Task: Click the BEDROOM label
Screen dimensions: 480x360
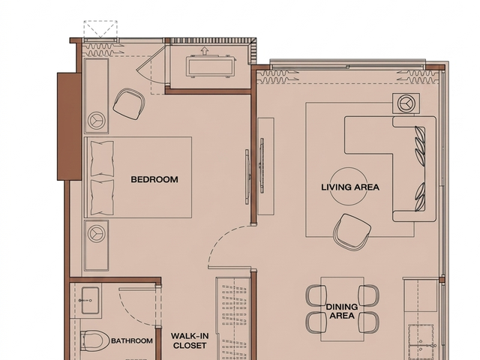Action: point(154,179)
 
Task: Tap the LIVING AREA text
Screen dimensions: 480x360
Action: point(350,187)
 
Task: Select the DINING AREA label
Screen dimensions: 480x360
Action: point(342,311)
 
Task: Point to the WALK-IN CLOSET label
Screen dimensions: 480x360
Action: point(190,340)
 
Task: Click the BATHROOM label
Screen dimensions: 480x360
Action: point(132,340)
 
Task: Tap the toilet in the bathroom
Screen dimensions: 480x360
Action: point(94,341)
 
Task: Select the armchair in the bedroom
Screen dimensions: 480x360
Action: point(129,104)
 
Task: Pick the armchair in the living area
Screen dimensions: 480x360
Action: point(352,232)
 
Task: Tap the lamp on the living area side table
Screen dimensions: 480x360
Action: point(406,103)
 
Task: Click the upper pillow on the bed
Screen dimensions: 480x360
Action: point(102,158)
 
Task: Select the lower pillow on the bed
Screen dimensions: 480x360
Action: point(102,197)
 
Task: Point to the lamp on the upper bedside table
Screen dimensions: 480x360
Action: point(97,120)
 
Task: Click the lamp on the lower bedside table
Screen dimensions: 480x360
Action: point(97,233)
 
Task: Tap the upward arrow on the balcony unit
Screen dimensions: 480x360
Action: point(204,50)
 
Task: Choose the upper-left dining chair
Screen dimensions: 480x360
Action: point(316,295)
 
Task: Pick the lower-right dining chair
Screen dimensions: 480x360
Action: point(369,322)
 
